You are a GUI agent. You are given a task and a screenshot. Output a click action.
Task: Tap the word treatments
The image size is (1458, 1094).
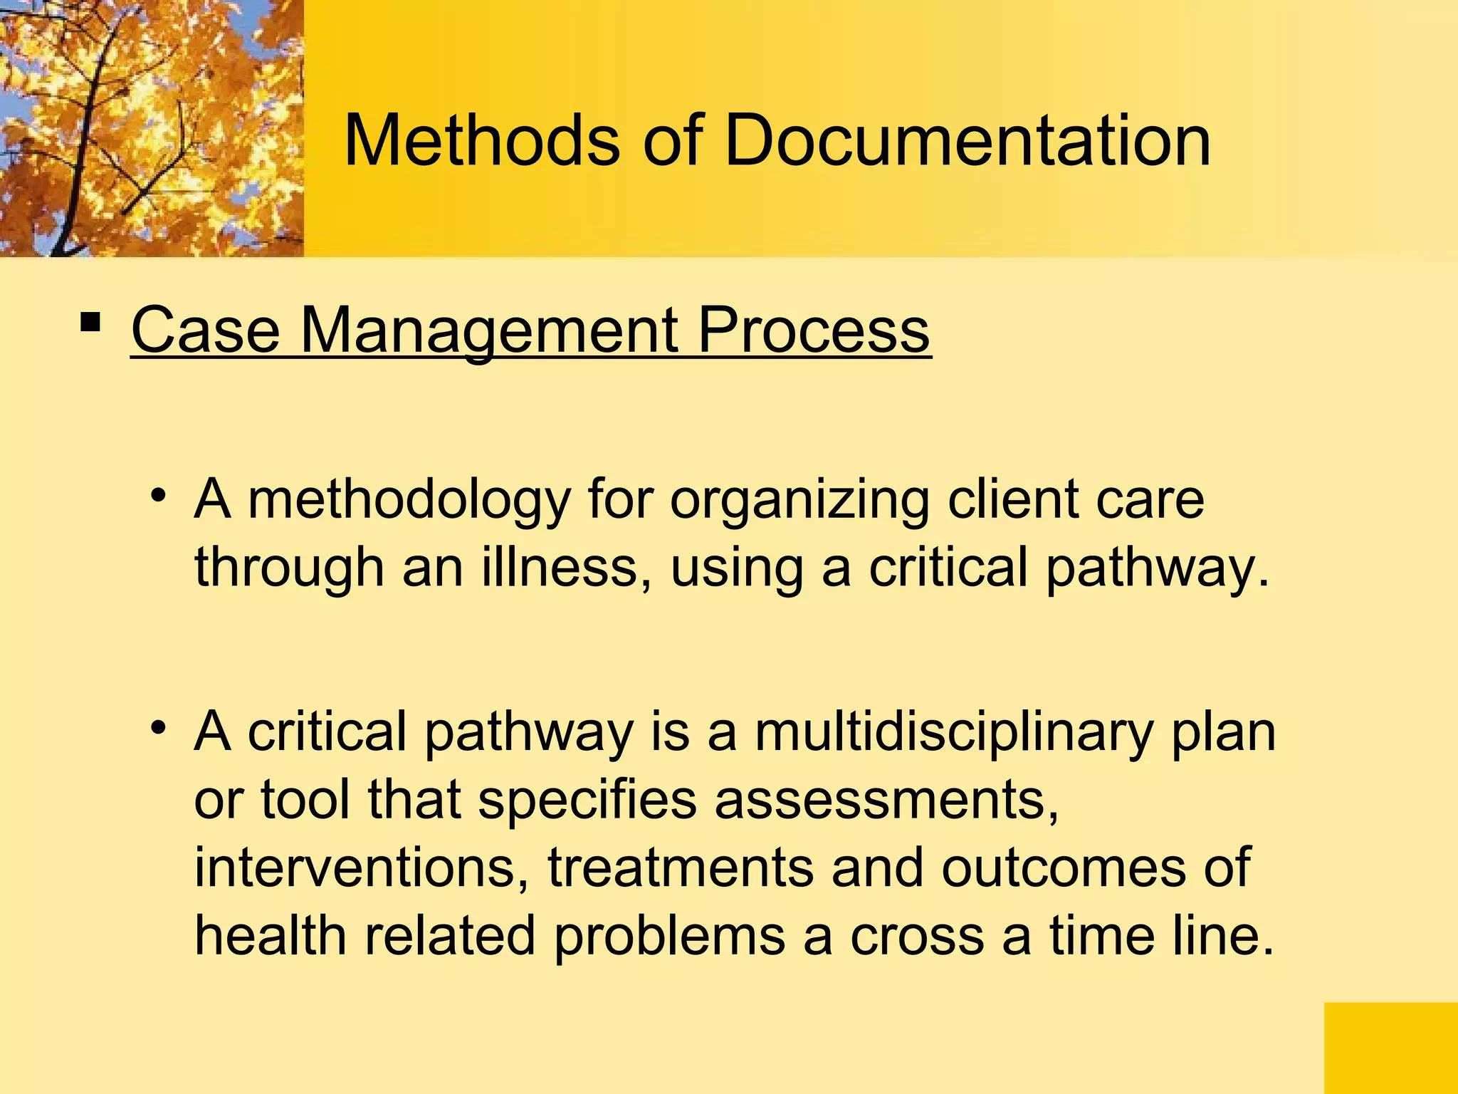click(680, 868)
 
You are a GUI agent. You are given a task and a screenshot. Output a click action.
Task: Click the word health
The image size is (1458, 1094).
click(270, 934)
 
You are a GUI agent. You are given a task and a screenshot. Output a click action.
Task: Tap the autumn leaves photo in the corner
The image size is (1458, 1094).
click(152, 128)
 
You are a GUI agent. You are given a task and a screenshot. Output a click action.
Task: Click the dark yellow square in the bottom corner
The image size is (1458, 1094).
click(1390, 1048)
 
